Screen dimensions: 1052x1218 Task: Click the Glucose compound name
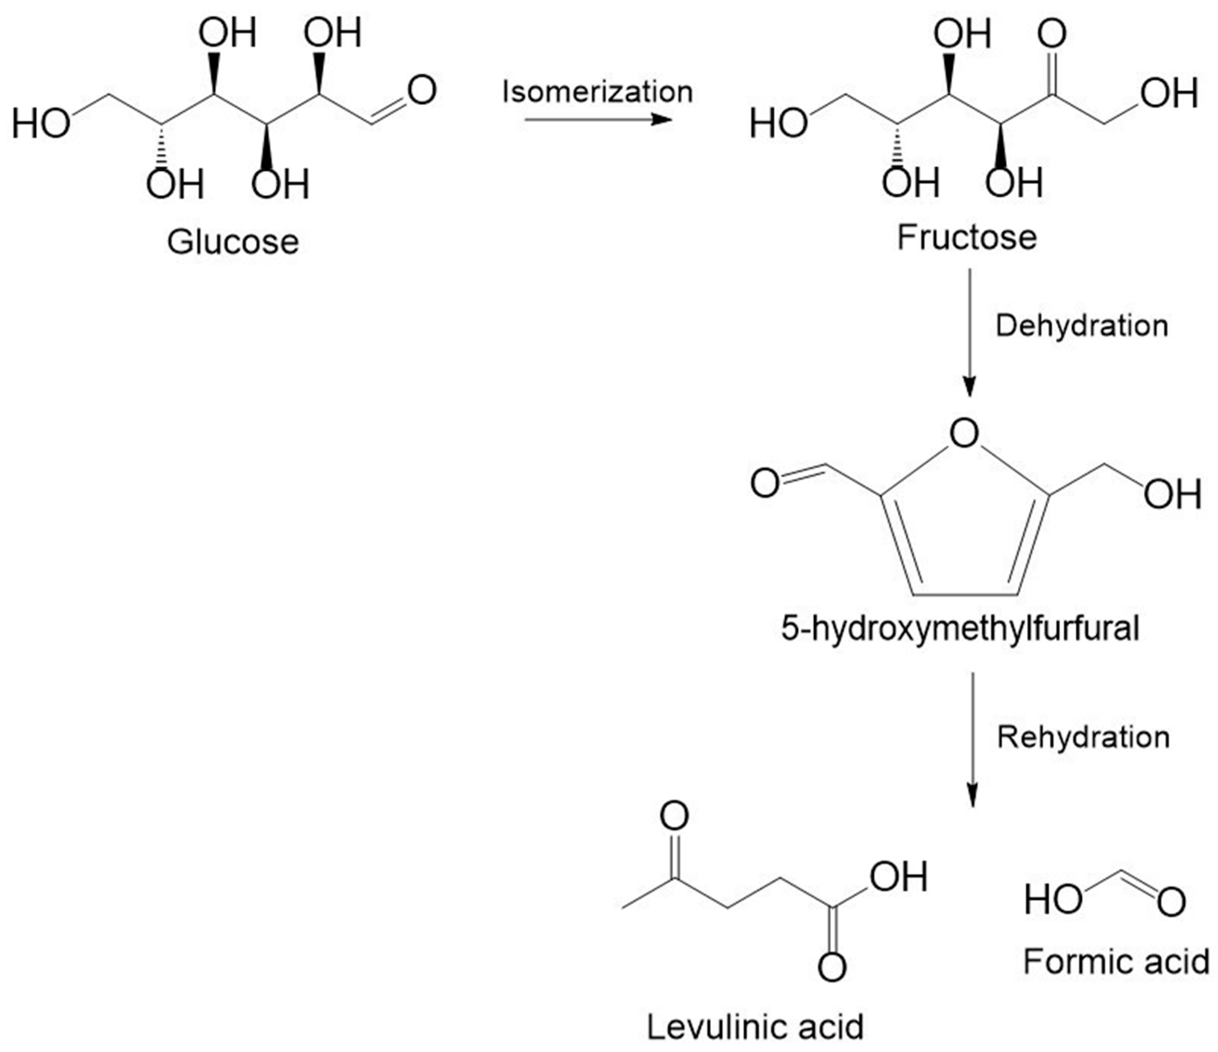click(x=233, y=242)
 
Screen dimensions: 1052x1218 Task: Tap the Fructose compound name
click(x=967, y=238)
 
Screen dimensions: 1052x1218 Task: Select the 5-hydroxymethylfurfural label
click(x=960, y=628)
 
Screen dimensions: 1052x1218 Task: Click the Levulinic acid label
click(x=755, y=1027)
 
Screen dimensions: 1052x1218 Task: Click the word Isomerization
click(x=598, y=92)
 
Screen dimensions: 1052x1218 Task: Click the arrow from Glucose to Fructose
click(x=598, y=120)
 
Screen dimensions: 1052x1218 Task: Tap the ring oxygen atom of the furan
click(x=965, y=434)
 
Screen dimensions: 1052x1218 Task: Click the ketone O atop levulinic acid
click(x=674, y=816)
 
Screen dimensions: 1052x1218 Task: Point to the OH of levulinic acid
click(x=899, y=876)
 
